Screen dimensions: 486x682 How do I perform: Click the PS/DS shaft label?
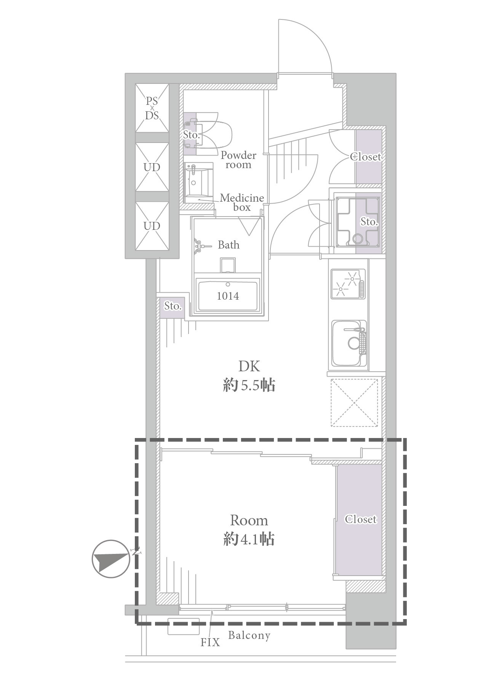pos(152,108)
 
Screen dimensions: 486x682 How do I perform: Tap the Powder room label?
pos(238,160)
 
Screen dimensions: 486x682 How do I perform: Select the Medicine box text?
pos(242,202)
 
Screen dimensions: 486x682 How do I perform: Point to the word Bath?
pos(229,245)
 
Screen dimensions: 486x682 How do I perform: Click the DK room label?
pos(249,366)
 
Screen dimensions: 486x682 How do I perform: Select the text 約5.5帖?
pos(249,386)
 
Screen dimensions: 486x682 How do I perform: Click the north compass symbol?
pos(111,559)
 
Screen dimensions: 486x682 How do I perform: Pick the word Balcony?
pos(249,635)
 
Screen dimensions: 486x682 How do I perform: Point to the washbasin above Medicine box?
pos(199,183)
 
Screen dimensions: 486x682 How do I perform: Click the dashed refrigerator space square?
pos(355,403)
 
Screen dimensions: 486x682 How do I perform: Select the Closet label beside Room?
pos(360,519)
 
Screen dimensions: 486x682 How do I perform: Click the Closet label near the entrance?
pos(366,157)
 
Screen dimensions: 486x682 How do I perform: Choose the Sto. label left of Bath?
pos(173,306)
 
